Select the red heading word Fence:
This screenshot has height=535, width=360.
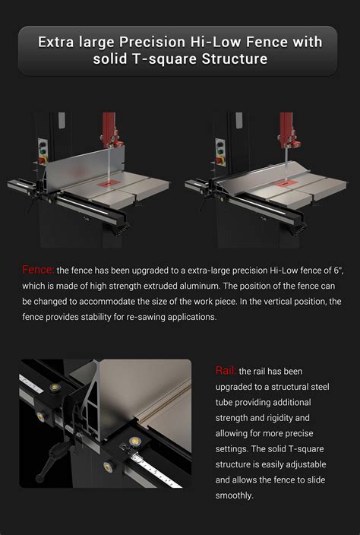[38, 269]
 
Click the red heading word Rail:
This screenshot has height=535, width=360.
[226, 370]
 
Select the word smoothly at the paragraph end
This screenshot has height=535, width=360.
[234, 495]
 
